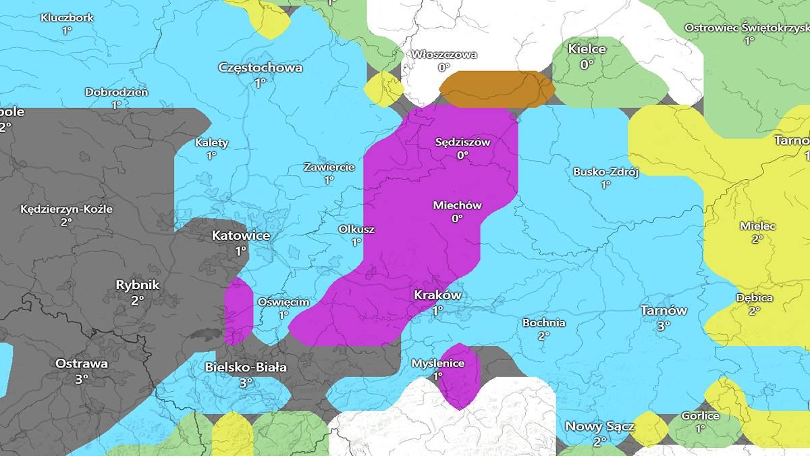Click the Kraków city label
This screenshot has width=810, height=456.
437,295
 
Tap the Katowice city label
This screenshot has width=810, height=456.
241,236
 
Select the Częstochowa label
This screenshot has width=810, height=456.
260,68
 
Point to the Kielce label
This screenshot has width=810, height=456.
587,49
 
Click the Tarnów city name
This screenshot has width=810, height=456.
664,311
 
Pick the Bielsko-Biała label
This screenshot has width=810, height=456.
246,368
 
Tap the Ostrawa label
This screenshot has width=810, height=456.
82,363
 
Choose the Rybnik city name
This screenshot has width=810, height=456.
138,285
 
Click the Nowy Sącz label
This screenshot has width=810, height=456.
599,426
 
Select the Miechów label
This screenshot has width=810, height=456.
457,205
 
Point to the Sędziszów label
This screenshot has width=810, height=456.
462,142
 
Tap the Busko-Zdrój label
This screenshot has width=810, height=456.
605,172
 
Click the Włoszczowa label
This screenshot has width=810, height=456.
444,54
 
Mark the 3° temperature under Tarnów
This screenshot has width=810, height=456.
664,325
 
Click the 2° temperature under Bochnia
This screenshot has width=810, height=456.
543,336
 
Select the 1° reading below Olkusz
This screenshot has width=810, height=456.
356,242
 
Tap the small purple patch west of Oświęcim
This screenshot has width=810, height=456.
238,311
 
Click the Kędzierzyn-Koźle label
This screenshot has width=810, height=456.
66,209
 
